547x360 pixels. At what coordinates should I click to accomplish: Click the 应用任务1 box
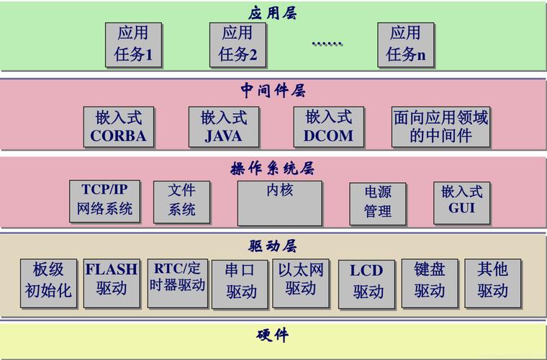click(133, 44)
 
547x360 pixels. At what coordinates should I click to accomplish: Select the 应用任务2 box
click(238, 44)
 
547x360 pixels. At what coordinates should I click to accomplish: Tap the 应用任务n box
click(406, 44)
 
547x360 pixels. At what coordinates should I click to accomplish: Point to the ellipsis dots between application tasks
click(327, 44)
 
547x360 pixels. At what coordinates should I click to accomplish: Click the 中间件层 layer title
click(273, 91)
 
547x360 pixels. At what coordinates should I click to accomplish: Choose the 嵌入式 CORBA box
click(118, 127)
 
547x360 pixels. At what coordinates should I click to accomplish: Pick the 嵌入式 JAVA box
click(223, 127)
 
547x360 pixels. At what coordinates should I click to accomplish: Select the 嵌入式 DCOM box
click(328, 127)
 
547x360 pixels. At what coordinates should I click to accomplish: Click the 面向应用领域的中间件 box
click(440, 127)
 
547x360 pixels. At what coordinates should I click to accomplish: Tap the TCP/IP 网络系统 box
click(105, 201)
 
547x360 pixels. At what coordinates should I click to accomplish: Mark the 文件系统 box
click(182, 201)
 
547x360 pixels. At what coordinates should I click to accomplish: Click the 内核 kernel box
click(279, 202)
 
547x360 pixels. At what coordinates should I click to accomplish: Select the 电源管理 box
click(377, 202)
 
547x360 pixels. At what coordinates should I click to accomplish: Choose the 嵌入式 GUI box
click(461, 201)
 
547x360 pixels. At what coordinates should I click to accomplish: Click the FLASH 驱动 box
click(112, 282)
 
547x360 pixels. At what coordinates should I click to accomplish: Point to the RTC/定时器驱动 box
click(177, 282)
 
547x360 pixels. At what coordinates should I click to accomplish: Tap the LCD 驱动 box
click(367, 283)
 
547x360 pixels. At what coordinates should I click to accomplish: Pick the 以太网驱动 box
click(300, 282)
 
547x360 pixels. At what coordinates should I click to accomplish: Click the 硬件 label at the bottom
click(273, 336)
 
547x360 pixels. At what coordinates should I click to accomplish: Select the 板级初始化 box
click(48, 282)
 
